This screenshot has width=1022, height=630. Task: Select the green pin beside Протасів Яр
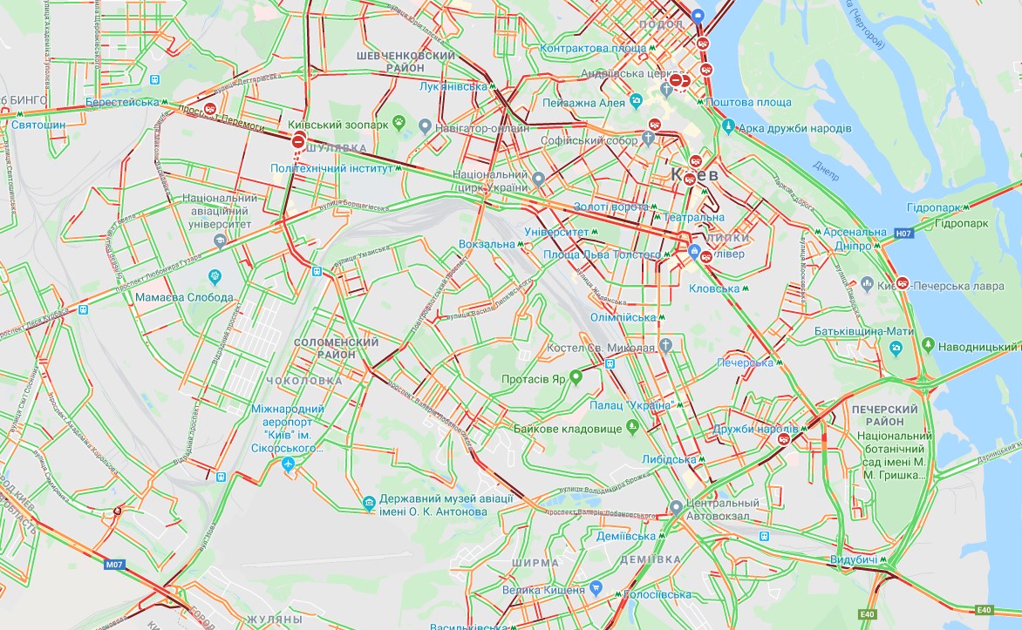tap(576, 377)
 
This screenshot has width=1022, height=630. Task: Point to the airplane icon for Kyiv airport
tap(290, 465)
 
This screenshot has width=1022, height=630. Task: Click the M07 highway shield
tap(115, 565)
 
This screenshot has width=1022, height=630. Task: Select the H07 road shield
tap(903, 233)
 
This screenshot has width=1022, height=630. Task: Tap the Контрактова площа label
tap(593, 48)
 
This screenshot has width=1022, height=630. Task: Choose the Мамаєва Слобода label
tap(184, 297)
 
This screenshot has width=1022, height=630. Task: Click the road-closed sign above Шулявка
tap(298, 140)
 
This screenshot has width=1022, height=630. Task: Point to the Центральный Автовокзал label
tap(723, 509)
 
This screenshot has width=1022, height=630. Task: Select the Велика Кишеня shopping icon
tap(596, 588)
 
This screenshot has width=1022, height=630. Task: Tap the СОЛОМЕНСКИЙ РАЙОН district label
tap(337, 349)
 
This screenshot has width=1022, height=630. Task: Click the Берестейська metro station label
tap(122, 102)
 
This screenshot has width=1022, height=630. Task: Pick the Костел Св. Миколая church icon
tap(666, 346)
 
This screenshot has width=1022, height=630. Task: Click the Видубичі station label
tap(854, 559)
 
